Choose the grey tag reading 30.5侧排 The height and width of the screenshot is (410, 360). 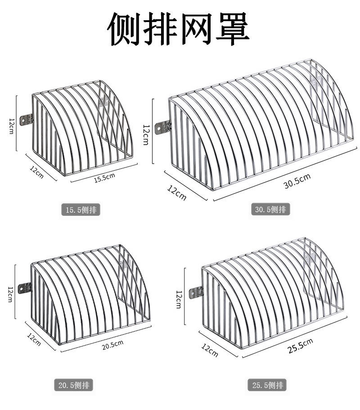pos(270,209)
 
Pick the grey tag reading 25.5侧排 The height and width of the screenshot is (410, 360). pos(267,385)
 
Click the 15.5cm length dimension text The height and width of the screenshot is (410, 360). pos(104,177)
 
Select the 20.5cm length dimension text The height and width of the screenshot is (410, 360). pos(112,345)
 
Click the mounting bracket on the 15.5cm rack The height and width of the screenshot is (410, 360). pos(27,120)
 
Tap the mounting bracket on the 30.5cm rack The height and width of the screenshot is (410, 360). pos(163,127)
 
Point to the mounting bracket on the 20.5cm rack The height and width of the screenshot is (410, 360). pos(25,287)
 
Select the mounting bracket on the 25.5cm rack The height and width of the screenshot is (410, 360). pos(196,292)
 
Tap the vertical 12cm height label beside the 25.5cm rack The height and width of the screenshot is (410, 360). pos(178,299)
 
